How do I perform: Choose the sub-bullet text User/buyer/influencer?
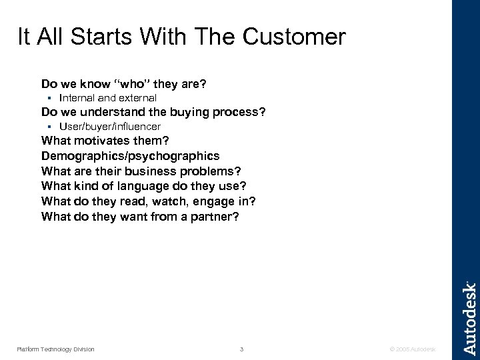point(110,126)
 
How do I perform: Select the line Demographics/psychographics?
point(130,155)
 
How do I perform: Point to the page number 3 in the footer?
point(243,349)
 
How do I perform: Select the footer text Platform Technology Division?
point(56,349)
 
